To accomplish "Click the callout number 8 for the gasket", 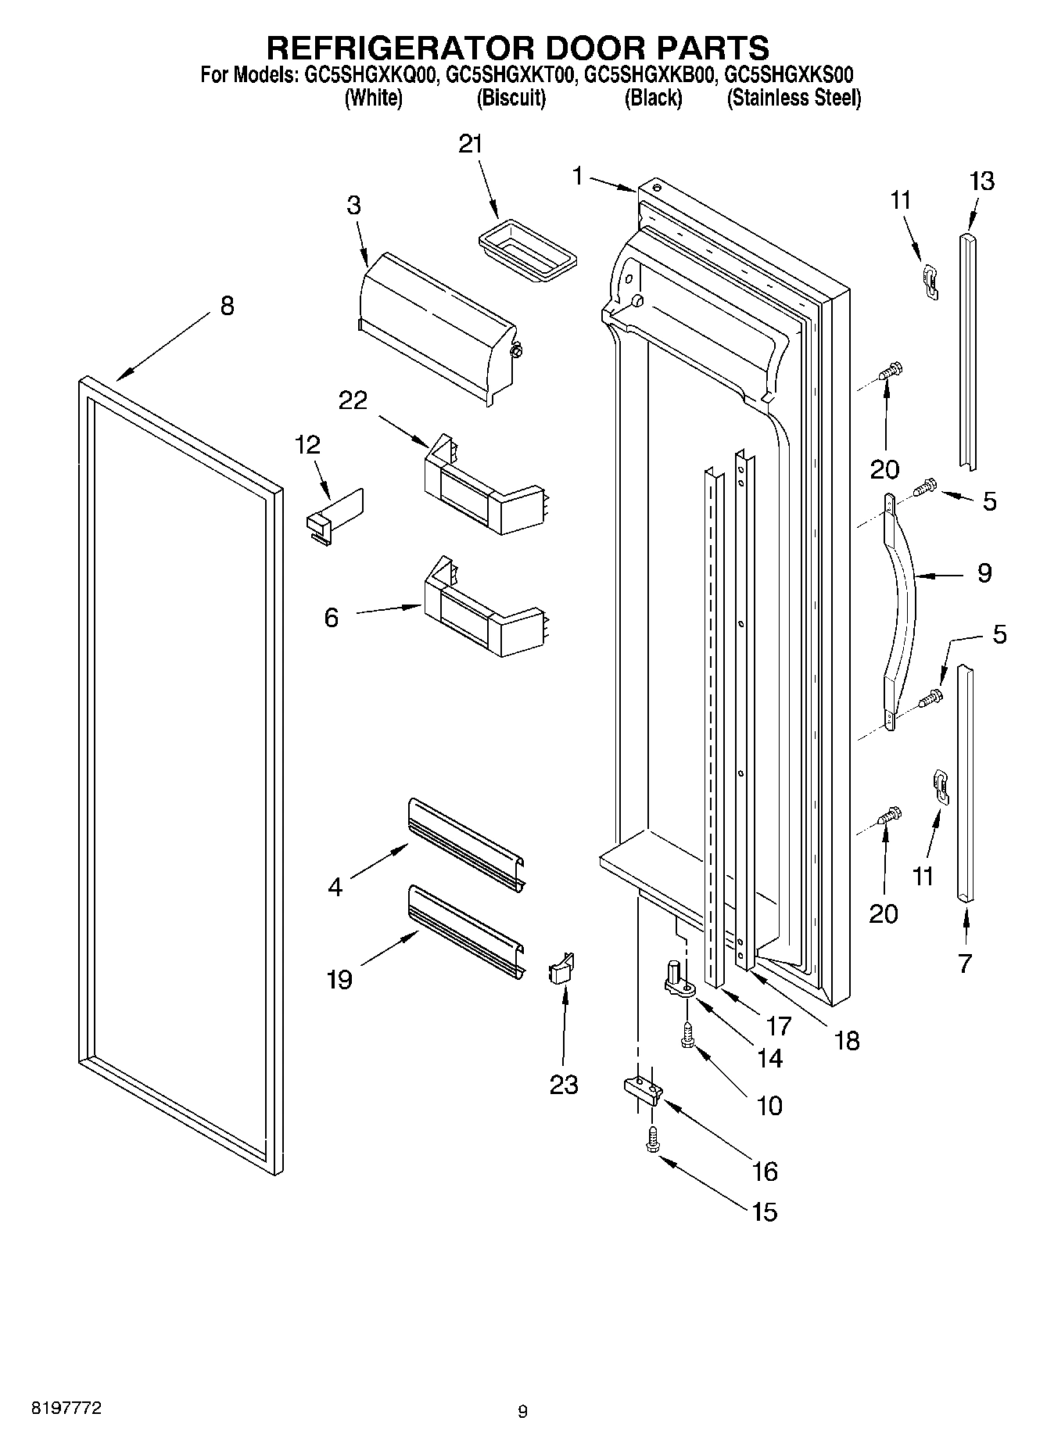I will pyautogui.click(x=227, y=306).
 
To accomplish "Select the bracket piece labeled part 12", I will pyautogui.click(x=335, y=515).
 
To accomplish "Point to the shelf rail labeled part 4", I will pyautogui.click(x=466, y=849).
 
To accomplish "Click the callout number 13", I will pyautogui.click(x=981, y=181).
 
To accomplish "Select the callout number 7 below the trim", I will pyautogui.click(x=965, y=963).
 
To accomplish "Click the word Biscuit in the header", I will pyautogui.click(x=511, y=99).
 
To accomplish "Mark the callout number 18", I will pyautogui.click(x=847, y=1040).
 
